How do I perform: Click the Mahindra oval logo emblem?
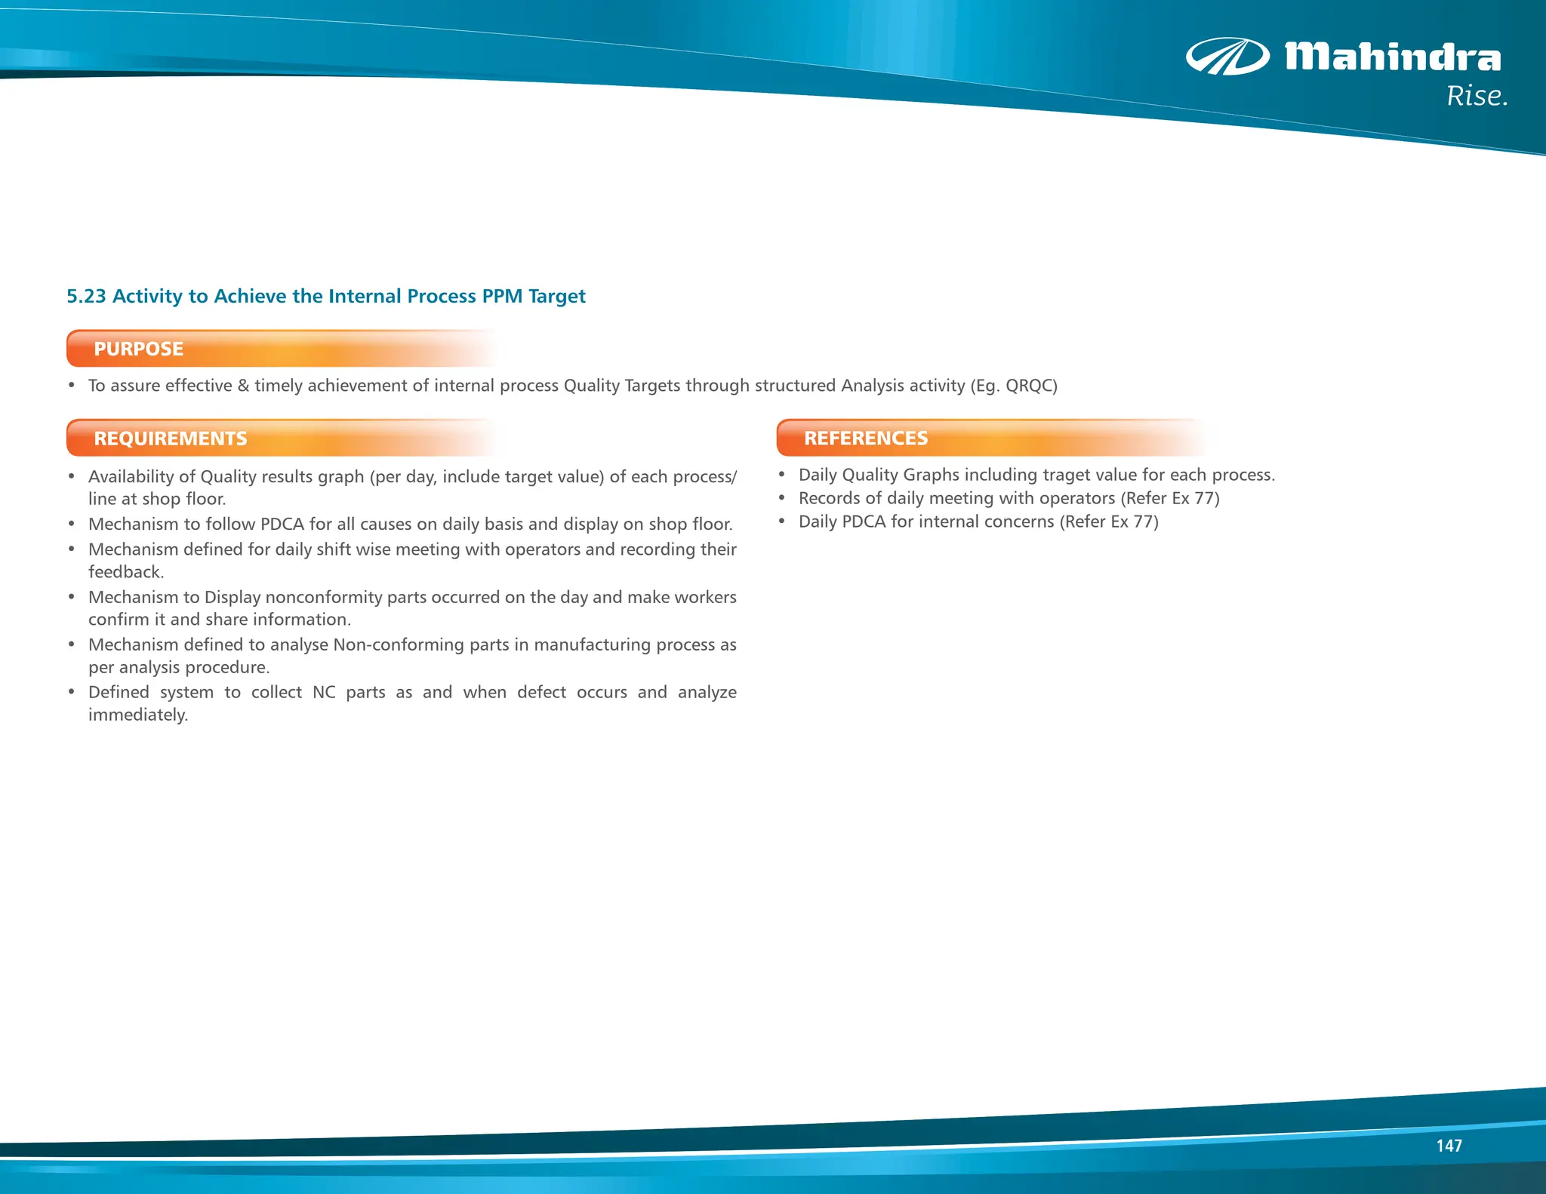click(1227, 57)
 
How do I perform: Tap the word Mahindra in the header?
click(1393, 57)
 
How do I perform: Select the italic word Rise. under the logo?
click(1477, 97)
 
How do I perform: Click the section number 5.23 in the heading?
click(86, 296)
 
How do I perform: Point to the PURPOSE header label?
click(138, 349)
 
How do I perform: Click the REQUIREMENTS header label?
click(170, 439)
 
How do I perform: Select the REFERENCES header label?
click(865, 439)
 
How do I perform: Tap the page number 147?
click(1449, 1146)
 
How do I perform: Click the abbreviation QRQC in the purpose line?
click(1030, 386)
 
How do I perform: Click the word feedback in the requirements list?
click(125, 572)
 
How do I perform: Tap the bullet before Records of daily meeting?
click(782, 498)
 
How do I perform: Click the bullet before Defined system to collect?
click(72, 692)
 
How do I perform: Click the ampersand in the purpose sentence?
click(243, 386)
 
